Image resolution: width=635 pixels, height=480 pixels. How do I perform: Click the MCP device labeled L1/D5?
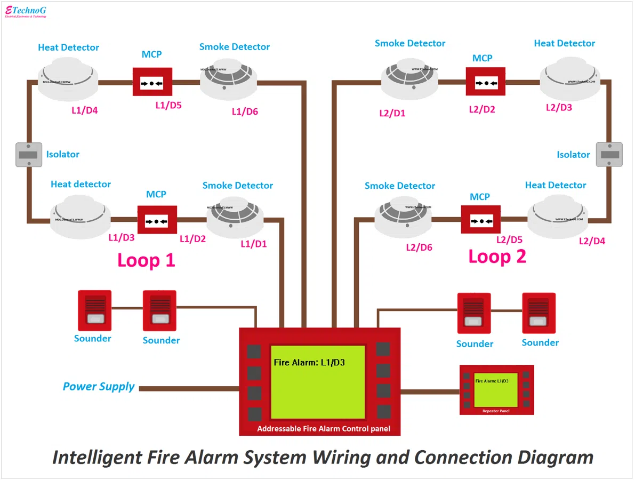152,82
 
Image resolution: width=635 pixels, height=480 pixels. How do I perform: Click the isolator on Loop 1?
28,155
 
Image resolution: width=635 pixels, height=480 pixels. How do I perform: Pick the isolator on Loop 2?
608,155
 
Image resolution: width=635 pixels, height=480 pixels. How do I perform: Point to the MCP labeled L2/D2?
485,82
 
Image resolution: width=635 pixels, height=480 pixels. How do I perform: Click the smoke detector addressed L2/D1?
409,82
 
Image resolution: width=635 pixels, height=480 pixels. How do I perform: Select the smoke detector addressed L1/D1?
235,219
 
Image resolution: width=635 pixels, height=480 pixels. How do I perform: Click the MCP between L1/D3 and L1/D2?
157,219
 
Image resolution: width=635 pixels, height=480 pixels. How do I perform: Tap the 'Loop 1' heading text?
146,260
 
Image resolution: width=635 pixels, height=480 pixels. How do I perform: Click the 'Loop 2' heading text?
497,257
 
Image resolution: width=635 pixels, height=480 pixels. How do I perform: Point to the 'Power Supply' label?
99,387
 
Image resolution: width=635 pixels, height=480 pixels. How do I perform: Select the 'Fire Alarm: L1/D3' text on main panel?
309,363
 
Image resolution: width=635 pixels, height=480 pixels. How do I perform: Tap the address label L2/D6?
419,247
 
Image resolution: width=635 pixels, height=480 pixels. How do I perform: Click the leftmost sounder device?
94,310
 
